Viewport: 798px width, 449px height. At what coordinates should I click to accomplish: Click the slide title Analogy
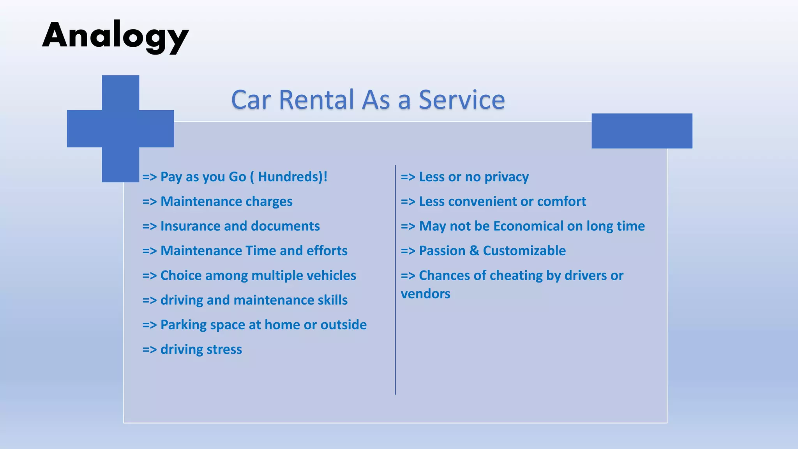coord(115,36)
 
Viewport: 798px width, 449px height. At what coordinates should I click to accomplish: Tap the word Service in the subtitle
coord(462,100)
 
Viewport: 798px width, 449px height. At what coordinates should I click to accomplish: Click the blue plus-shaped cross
coord(120,128)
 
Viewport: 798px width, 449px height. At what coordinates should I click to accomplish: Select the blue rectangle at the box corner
coord(642,131)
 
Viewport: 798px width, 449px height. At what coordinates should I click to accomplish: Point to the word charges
coord(269,202)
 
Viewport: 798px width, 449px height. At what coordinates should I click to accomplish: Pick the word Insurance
coord(190,226)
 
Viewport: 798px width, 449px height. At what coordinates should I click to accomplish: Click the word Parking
coord(184,325)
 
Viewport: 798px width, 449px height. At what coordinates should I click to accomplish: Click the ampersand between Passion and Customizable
coord(474,251)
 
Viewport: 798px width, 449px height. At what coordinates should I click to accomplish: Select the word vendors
coord(425,294)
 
